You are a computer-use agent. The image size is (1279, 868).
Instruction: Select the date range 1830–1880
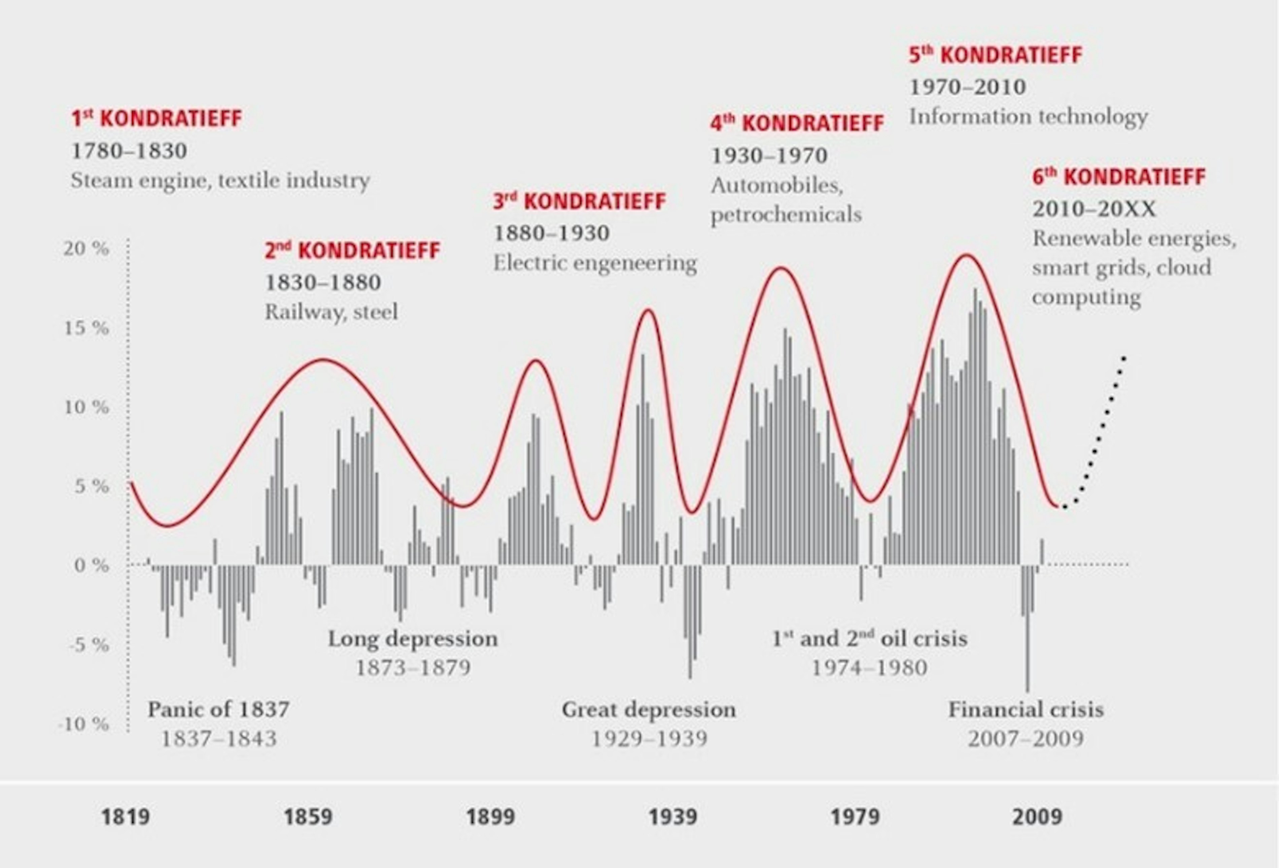pyautogui.click(x=323, y=283)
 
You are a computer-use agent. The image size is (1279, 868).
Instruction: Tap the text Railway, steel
pyautogui.click(x=331, y=312)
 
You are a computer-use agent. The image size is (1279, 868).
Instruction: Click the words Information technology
pyautogui.click(x=1028, y=117)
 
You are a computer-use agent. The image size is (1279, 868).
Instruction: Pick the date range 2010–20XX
pyautogui.click(x=1094, y=209)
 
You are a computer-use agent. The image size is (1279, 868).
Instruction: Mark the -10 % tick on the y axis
pyautogui.click(x=84, y=724)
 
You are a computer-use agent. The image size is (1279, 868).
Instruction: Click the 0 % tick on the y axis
pyautogui.click(x=91, y=565)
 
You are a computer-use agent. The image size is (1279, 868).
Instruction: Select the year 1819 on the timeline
pyautogui.click(x=126, y=816)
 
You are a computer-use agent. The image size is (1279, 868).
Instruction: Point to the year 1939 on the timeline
pyautogui.click(x=672, y=816)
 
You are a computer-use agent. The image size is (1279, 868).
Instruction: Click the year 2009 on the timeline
pyautogui.click(x=1037, y=816)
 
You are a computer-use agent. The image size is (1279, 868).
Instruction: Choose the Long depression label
pyautogui.click(x=413, y=639)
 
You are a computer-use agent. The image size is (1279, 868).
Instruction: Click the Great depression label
pyautogui.click(x=648, y=709)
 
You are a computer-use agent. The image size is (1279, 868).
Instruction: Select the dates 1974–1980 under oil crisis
pyautogui.click(x=869, y=668)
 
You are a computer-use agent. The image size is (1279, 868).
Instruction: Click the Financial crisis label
pyautogui.click(x=1026, y=709)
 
